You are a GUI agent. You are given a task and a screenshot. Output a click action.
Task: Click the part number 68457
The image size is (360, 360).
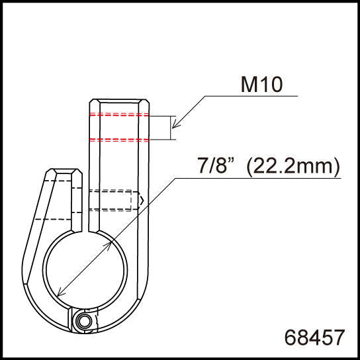pyautogui.click(x=314, y=337)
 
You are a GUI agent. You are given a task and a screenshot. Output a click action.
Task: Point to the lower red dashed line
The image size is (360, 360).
pyautogui.click(x=120, y=139)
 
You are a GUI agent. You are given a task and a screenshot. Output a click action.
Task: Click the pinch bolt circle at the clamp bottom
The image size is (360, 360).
pyautogui.click(x=84, y=322)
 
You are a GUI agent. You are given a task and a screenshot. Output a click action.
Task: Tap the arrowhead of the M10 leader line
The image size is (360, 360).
pyautogui.click(x=173, y=126)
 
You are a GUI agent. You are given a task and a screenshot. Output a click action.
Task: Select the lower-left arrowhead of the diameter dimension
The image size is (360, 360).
pyautogui.click(x=60, y=293)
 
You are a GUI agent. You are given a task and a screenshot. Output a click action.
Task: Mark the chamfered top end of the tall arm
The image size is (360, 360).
pyautogui.click(x=120, y=103)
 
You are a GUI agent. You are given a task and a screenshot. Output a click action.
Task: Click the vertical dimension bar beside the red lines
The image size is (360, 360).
pyautogui.click(x=173, y=128)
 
